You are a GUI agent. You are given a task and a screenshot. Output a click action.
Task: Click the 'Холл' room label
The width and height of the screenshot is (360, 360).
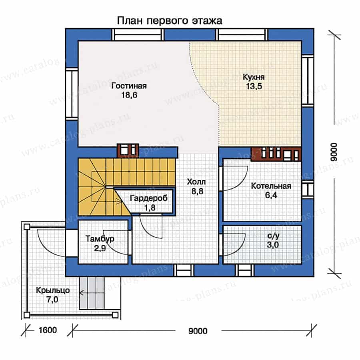tap(195, 182)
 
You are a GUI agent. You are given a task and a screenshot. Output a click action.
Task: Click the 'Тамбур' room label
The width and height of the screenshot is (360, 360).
tap(100, 239)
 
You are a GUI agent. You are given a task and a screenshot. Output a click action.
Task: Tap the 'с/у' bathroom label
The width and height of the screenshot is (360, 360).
tap(274, 236)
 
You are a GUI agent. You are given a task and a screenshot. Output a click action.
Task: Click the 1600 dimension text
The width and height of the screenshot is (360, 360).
tap(48, 330)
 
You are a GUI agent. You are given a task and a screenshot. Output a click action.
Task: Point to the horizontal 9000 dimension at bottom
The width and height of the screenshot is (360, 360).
tap(198, 330)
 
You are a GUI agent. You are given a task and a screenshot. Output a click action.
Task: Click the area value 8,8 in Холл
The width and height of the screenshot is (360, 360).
tap(195, 191)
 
